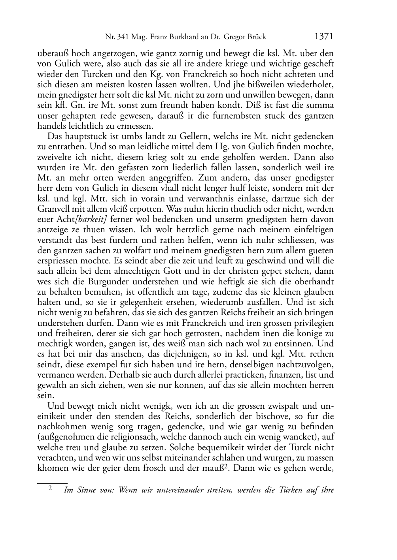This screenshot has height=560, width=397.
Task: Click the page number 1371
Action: click(x=324, y=37)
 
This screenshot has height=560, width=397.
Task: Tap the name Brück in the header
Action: click(x=256, y=38)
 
